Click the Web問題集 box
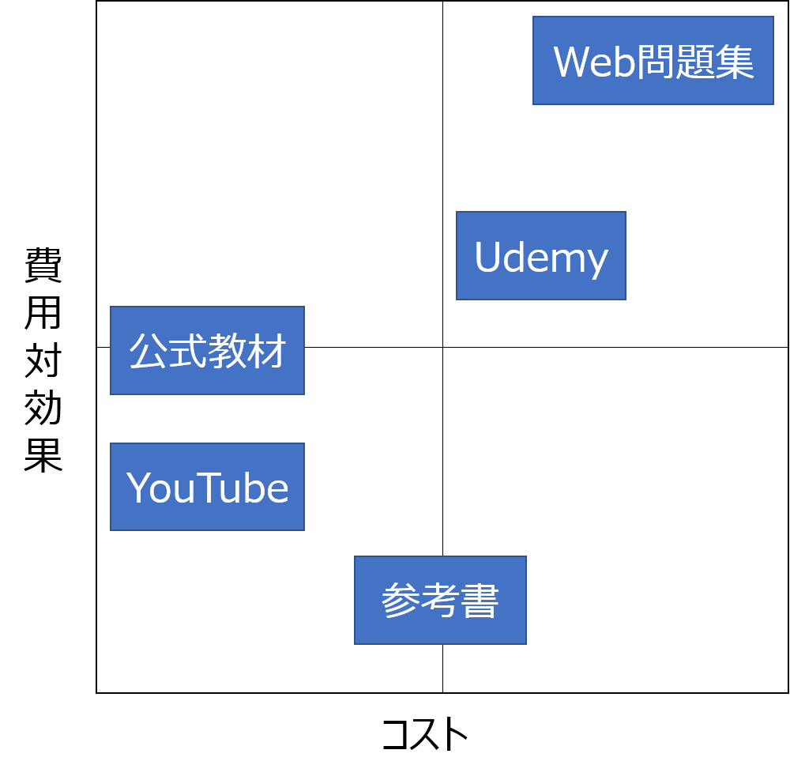tap(653, 61)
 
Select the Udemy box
tap(541, 256)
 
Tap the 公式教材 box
tap(207, 350)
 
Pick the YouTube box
tap(207, 487)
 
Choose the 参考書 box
tap(440, 601)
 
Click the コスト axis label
tap(426, 733)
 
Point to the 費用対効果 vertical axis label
tap(46, 360)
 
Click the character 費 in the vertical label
tap(44, 265)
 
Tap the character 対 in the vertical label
tap(44, 360)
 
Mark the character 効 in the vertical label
tap(44, 408)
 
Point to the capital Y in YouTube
tap(139, 488)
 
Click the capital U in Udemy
tap(488, 257)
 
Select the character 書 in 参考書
tap(480, 601)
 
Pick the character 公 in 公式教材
tap(149, 351)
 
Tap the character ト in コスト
tap(455, 734)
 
